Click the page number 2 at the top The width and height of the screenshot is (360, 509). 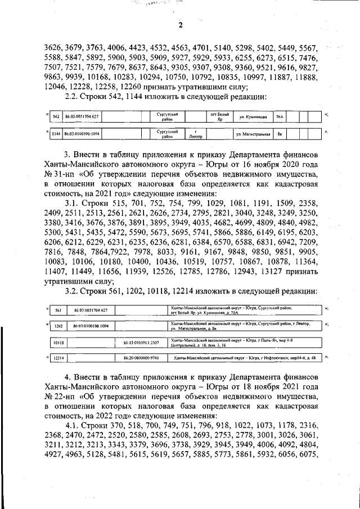181,25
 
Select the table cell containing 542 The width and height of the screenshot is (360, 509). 56,116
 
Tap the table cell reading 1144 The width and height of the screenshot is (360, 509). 56,135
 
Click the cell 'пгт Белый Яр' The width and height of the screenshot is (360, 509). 218,116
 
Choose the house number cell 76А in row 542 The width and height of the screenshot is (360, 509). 280,116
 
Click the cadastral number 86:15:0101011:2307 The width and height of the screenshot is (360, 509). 141,342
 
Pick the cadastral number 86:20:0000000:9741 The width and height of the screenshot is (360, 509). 141,358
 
